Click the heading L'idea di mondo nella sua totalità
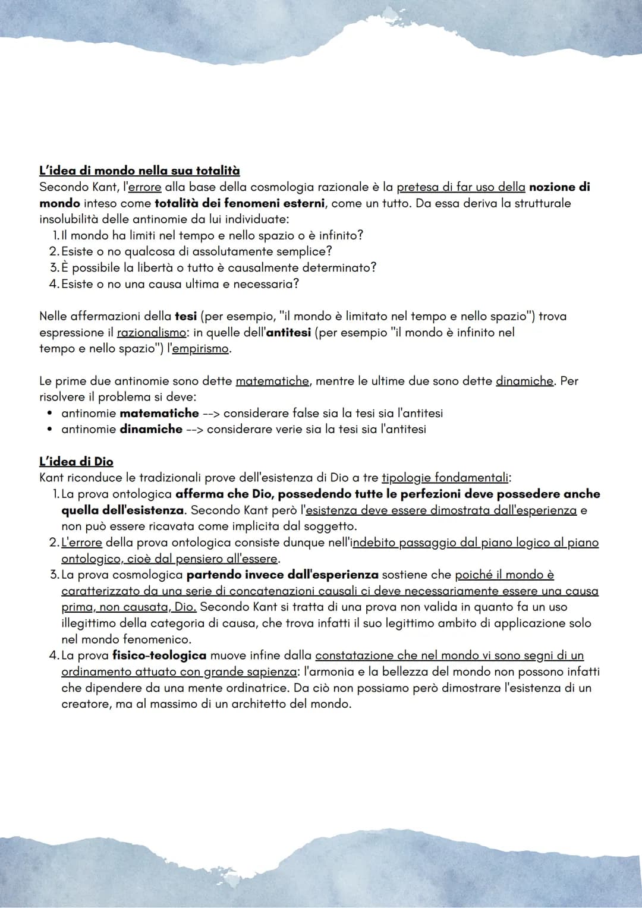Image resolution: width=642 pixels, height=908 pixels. click(139, 171)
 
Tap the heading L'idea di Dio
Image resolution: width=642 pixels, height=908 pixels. click(76, 462)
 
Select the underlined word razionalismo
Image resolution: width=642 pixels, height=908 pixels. click(151, 333)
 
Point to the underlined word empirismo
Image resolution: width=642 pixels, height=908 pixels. click(200, 349)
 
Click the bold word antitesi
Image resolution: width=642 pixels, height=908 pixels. click(288, 333)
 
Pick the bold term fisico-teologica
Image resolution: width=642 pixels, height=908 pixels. click(159, 655)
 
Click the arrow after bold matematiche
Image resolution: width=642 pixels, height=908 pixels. click(211, 413)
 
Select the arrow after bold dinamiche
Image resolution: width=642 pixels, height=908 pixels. click(194, 429)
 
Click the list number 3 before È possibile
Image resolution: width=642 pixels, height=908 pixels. click(54, 268)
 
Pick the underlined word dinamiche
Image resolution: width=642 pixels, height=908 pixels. click(524, 381)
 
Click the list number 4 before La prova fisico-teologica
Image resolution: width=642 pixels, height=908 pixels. click(54, 655)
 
